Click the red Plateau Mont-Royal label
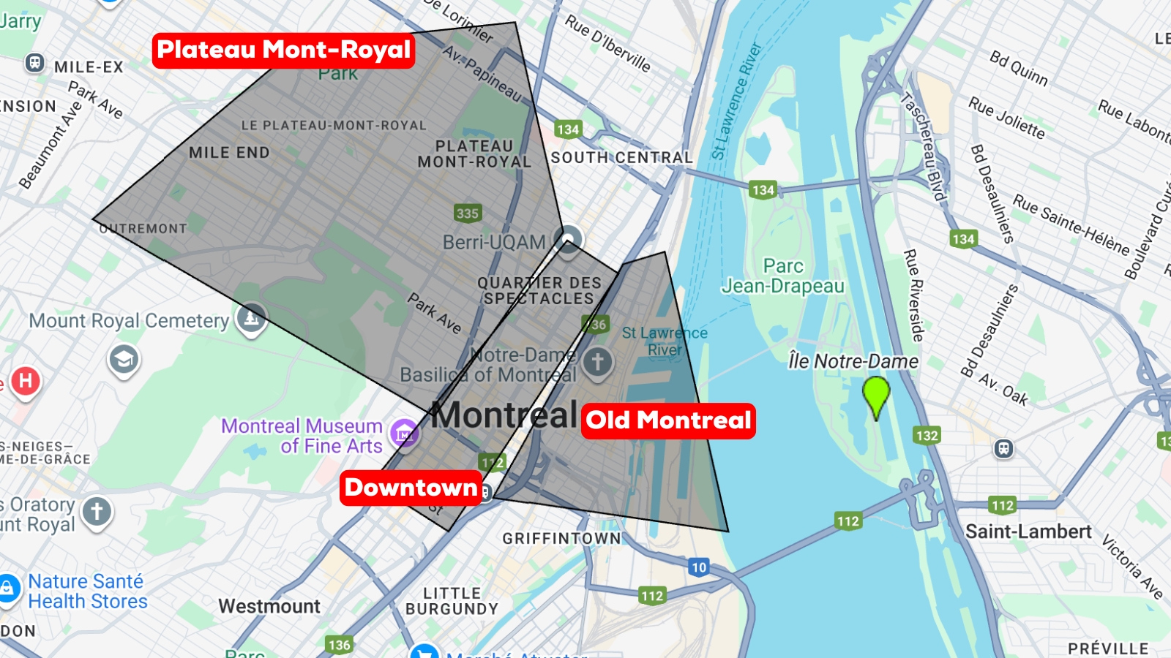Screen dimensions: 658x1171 pos(284,50)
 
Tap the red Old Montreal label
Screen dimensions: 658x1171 pos(668,421)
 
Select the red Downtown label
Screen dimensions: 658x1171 pos(411,488)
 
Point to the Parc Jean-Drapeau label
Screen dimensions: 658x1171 pos(783,276)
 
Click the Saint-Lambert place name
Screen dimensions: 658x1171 pos(1028,532)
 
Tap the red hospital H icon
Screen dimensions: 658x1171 pos(25,381)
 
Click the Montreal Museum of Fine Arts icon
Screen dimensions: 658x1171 pos(404,434)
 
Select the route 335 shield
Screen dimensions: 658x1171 pos(467,213)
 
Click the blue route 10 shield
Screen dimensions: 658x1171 pos(699,567)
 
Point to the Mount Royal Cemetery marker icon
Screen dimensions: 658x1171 pos(251,318)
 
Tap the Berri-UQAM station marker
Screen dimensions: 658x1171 pos(568,239)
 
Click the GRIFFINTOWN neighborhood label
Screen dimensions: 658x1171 pos(561,539)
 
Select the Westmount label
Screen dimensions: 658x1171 pos(269,606)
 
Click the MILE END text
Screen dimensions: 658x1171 pos(229,153)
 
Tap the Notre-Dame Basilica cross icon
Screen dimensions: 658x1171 pos(597,361)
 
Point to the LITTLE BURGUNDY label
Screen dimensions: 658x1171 pos(452,601)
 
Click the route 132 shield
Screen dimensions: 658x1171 pos(927,436)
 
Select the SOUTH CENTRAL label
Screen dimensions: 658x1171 pos(621,158)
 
